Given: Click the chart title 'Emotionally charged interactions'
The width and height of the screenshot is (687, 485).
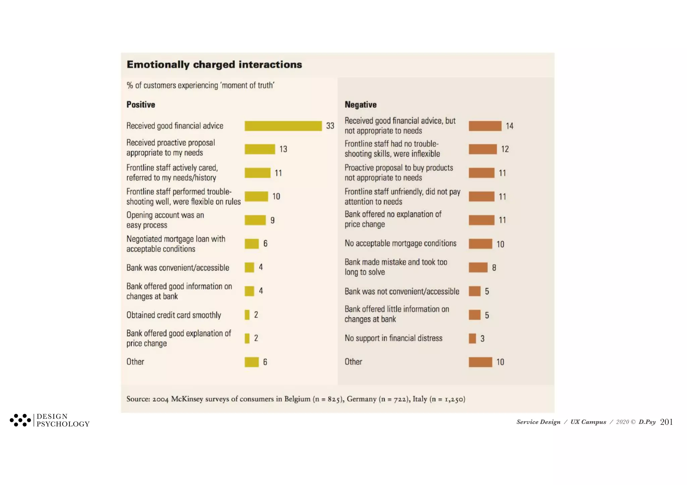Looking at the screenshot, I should [214, 65].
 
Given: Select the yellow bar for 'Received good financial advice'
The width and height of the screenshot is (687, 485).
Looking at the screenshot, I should [283, 126].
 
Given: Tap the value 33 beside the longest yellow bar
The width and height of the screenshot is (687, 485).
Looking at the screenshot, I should [330, 126].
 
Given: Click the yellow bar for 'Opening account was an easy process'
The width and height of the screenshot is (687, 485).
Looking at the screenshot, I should [255, 220].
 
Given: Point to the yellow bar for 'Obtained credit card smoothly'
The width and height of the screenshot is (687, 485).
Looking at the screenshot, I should [247, 315].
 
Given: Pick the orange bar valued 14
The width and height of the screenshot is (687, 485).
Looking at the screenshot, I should [485, 126].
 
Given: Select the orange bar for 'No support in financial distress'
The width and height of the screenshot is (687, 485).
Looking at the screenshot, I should [472, 339].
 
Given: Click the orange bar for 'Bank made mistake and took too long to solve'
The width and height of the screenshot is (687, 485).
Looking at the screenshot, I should [478, 267].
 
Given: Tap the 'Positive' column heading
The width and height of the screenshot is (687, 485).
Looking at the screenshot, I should [141, 105].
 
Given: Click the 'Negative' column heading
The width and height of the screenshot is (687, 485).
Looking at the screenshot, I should [361, 105].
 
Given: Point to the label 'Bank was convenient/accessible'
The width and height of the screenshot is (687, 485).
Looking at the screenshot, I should [178, 268].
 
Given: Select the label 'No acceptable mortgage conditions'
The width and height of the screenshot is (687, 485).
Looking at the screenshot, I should [401, 243].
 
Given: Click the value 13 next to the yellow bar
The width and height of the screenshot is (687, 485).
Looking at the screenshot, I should [283, 149].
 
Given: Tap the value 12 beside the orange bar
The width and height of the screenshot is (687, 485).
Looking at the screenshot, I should [505, 149].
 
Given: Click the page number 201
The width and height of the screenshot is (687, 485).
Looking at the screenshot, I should [666, 422].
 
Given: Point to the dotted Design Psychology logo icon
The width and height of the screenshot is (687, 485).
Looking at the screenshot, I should [20, 420].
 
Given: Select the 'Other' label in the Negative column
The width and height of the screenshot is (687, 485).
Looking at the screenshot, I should [353, 362].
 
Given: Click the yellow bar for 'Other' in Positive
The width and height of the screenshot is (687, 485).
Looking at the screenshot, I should [252, 362].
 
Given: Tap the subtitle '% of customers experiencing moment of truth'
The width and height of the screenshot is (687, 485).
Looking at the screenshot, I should [200, 85].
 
